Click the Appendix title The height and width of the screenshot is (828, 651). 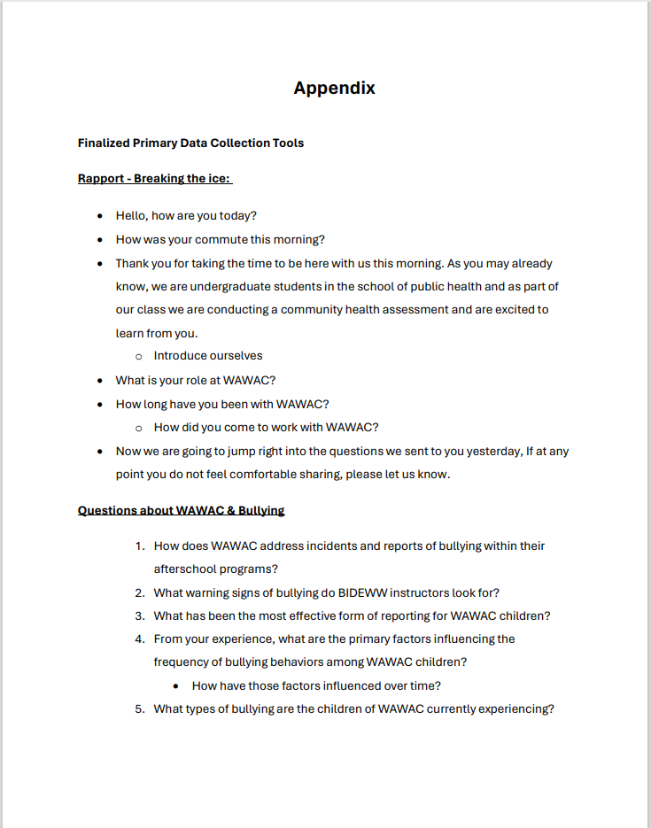click(334, 88)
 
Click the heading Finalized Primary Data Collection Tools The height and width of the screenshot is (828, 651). click(190, 143)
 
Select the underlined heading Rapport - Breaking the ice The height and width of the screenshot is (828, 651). click(154, 178)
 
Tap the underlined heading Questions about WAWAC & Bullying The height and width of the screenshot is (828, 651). click(181, 510)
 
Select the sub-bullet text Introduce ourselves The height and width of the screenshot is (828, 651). click(207, 356)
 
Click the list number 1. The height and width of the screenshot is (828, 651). click(139, 546)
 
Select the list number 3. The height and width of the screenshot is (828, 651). click(139, 615)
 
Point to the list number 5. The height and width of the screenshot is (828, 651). click(139, 708)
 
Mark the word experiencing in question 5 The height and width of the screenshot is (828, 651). click(515, 708)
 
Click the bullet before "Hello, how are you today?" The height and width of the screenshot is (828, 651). click(100, 216)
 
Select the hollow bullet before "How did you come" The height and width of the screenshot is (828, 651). click(138, 428)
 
